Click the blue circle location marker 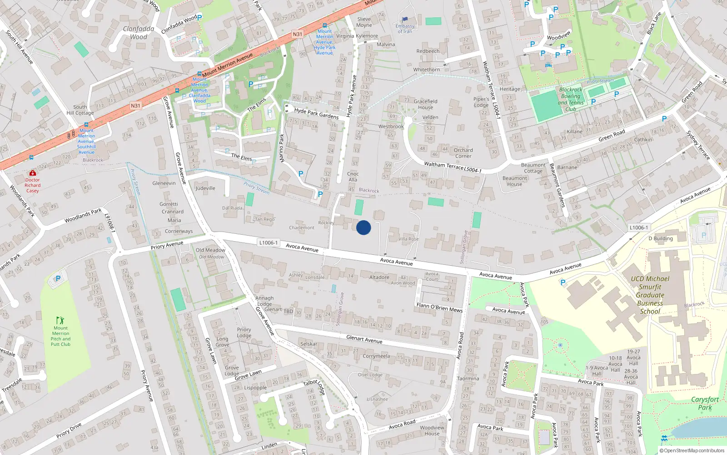point(363,227)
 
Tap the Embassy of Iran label point(405,29)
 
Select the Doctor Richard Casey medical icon point(32,173)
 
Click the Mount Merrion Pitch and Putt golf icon point(60,320)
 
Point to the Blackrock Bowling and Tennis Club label point(571,100)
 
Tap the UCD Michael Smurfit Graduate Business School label point(650,295)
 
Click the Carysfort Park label point(705,403)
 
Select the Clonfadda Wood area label point(139,33)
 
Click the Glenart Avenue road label point(364,339)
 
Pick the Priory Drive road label point(69,430)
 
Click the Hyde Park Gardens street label point(316,113)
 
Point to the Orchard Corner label point(463,153)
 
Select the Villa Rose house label point(408,239)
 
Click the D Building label point(660,238)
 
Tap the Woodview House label point(432,430)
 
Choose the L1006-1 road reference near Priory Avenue point(268,243)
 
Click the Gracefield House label point(425,104)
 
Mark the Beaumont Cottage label point(533,168)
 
